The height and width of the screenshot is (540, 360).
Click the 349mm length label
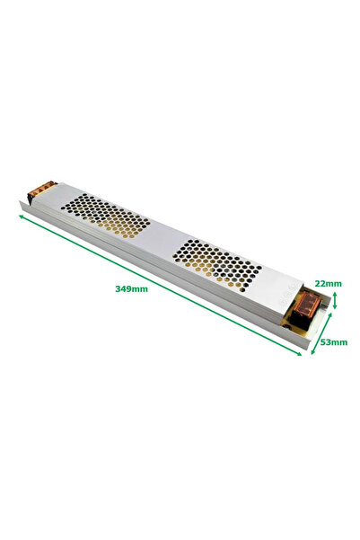132,288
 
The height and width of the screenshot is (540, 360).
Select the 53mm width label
333,342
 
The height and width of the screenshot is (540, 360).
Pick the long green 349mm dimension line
162,286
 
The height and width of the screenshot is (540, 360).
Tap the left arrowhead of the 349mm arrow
22,216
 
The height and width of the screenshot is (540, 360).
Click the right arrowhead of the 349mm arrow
300,354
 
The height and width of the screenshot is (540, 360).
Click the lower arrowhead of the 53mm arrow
312,354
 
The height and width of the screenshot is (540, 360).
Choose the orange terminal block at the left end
40,192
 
